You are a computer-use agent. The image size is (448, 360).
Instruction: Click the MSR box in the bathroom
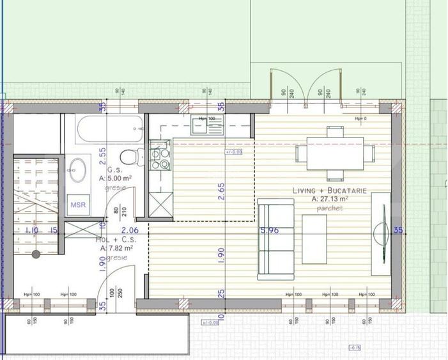(x=79, y=205)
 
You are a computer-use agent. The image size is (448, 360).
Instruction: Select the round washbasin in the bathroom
(x=79, y=169)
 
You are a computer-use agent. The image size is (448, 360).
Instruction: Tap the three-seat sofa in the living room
(x=271, y=240)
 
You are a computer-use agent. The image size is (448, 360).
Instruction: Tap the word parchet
(x=330, y=208)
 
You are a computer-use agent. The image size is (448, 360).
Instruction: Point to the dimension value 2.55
(x=102, y=157)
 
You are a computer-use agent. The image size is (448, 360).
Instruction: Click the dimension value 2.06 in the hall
(x=130, y=230)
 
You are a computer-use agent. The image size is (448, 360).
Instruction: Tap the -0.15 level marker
(x=353, y=347)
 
